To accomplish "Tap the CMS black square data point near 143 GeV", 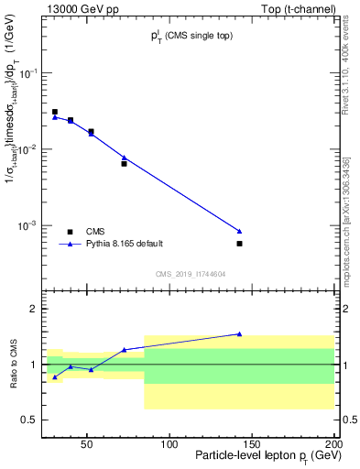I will click(239, 244).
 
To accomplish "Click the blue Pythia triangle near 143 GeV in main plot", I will click(239, 231).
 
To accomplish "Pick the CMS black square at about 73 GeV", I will click(124, 163).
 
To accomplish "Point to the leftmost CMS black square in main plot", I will click(55, 112).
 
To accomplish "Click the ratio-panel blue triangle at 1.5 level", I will click(239, 334).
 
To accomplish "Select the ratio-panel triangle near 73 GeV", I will click(124, 349).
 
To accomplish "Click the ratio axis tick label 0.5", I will click(30, 420).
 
